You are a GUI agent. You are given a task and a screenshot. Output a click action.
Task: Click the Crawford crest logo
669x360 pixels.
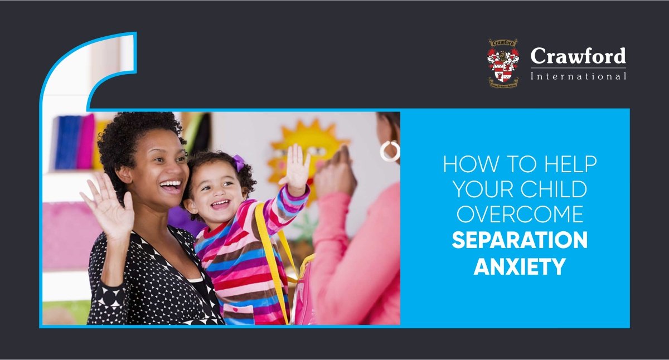point(503,62)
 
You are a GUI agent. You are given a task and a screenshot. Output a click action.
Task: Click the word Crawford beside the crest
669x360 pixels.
point(578,56)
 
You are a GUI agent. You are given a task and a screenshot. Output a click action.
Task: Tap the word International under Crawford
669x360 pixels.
point(578,76)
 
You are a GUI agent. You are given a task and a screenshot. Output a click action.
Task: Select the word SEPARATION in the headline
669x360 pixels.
point(520,241)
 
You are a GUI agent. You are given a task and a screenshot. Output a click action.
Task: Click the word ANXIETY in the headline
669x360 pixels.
point(520,266)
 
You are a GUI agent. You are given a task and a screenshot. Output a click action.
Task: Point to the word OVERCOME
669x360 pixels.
point(520,215)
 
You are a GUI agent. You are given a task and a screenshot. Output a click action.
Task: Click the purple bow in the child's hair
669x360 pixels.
point(239,163)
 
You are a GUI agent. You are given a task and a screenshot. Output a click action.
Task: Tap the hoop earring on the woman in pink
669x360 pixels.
point(390,150)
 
